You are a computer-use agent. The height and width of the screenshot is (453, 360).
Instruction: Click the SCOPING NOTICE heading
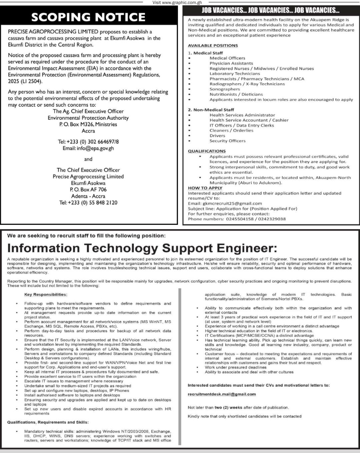88,17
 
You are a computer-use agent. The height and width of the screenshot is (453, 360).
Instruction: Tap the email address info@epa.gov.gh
95,148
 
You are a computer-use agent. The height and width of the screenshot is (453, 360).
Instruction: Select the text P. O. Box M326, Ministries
88,124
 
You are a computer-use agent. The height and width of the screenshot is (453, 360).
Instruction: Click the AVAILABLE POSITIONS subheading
213,45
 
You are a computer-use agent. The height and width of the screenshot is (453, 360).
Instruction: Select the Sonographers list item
225,89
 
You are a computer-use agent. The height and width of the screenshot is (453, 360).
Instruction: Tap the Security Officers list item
227,141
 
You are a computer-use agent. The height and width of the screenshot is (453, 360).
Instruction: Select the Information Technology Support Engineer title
142,248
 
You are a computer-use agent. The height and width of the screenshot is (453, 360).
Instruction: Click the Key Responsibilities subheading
46,294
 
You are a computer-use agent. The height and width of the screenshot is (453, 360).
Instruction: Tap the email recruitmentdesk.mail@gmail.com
222,394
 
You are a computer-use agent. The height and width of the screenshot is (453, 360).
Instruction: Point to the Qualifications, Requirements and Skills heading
48,422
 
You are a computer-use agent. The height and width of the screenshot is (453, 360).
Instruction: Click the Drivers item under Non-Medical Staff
217,136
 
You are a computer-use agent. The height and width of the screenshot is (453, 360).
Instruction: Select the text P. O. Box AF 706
88,190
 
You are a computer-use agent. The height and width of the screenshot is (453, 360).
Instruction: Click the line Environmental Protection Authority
88,118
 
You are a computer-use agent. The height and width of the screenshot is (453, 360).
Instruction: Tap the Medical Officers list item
227,58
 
